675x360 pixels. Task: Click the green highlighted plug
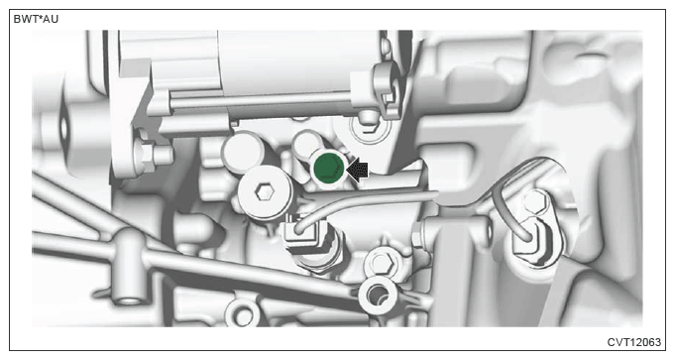(328, 167)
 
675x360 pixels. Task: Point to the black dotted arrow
(357, 170)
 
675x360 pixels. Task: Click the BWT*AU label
(36, 19)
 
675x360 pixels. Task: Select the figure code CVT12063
(633, 342)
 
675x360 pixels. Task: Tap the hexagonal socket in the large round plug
(265, 192)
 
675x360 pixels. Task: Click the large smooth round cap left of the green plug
(243, 151)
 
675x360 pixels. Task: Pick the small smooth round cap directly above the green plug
(306, 143)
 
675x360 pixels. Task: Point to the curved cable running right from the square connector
(366, 202)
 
